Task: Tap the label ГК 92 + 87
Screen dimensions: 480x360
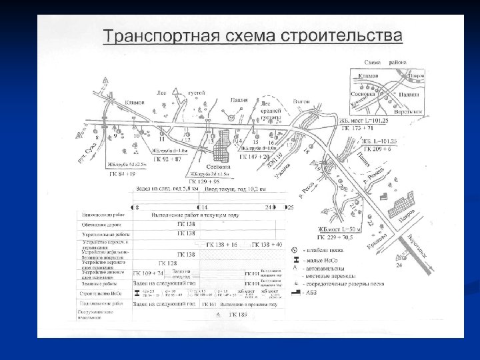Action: (x=167, y=159)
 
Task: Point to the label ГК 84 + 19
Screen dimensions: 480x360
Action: (x=121, y=173)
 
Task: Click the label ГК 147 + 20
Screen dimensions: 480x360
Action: (x=255, y=155)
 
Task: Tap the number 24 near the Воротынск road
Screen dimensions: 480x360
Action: (x=399, y=265)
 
